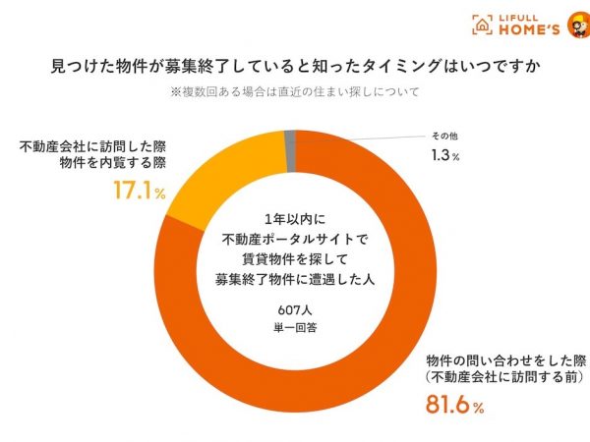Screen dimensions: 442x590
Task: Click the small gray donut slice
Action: [x=289, y=138]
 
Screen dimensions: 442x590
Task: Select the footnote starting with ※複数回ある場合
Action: [x=295, y=94]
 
